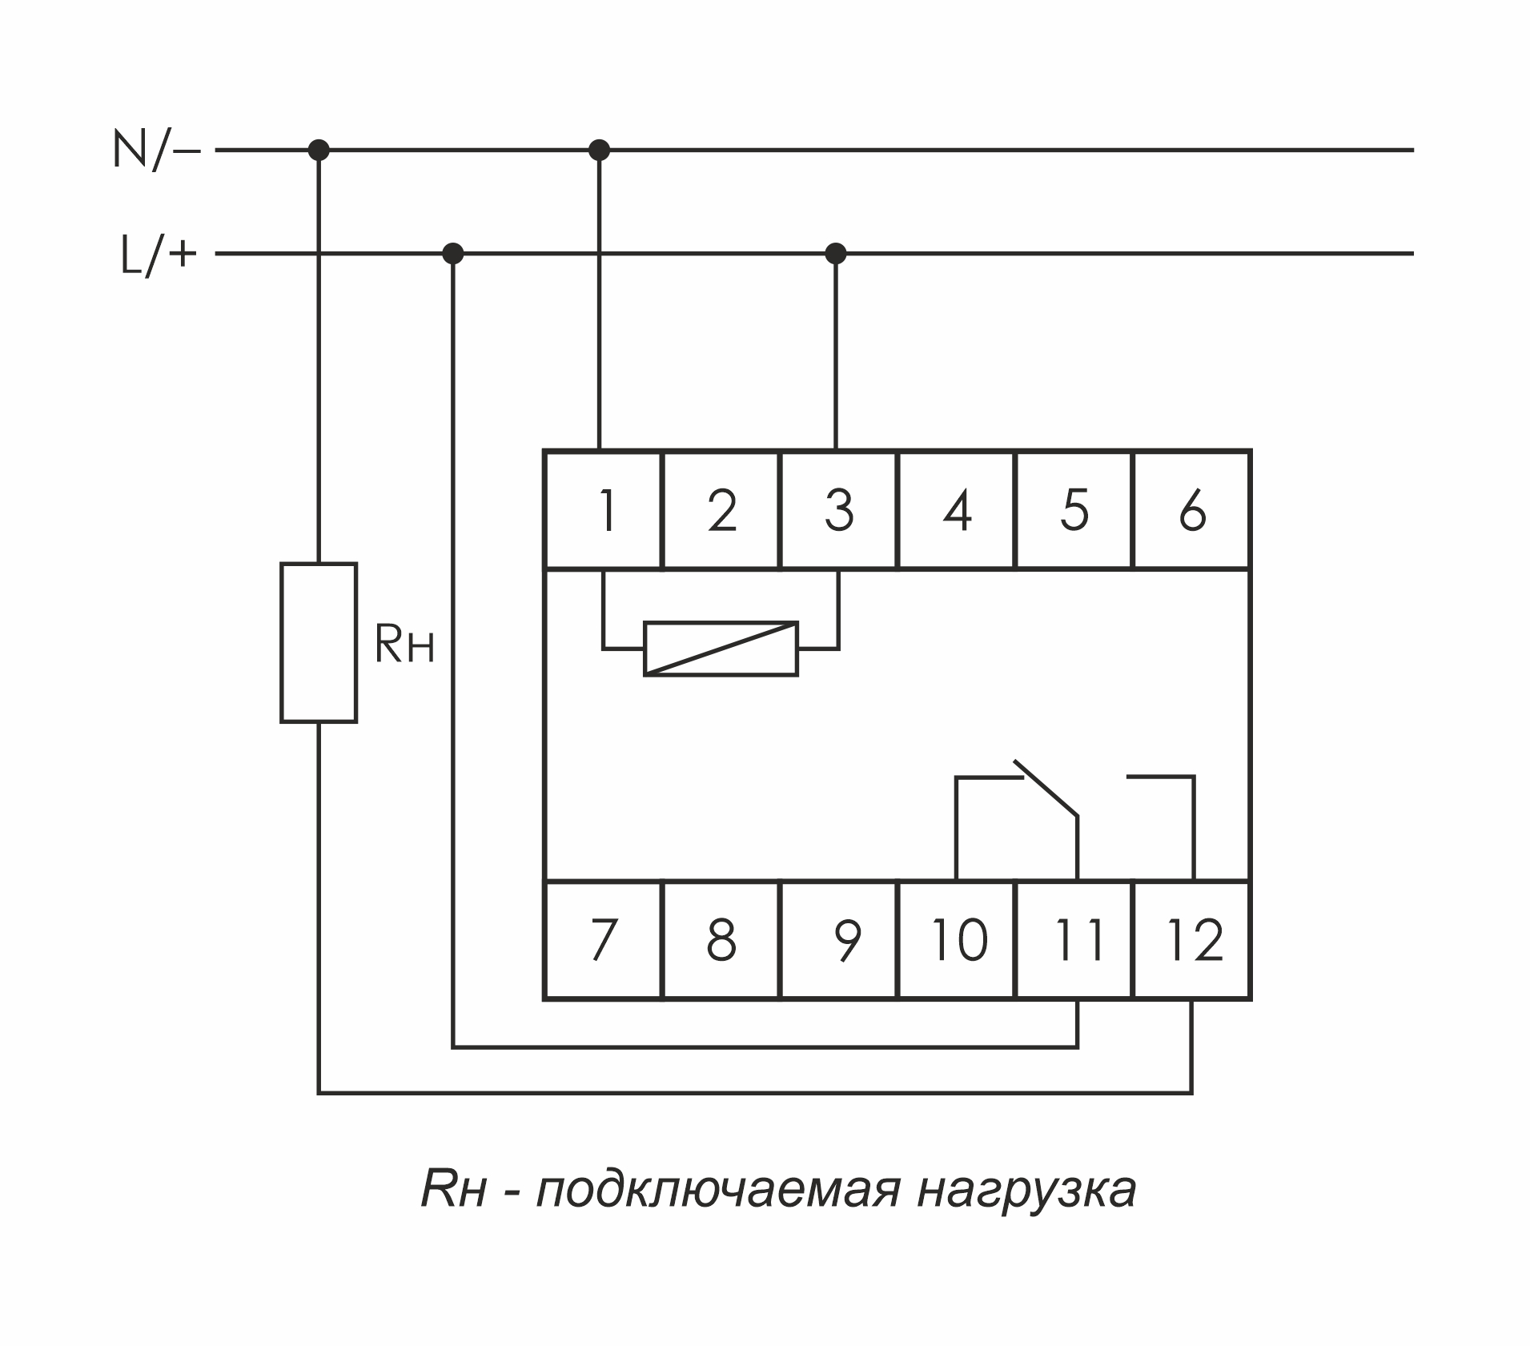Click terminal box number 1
point(603,510)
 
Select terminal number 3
point(838,510)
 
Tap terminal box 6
point(1191,510)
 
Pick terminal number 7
point(603,940)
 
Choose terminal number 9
point(838,940)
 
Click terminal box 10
point(957,940)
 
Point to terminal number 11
point(1074,940)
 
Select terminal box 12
point(1192,940)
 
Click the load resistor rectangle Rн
point(319,642)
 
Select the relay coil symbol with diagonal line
point(721,649)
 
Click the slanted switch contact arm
point(1046,789)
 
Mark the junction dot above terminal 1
point(599,150)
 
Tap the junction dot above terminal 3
point(835,254)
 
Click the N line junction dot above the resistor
point(319,150)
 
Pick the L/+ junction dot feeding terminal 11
point(452,254)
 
